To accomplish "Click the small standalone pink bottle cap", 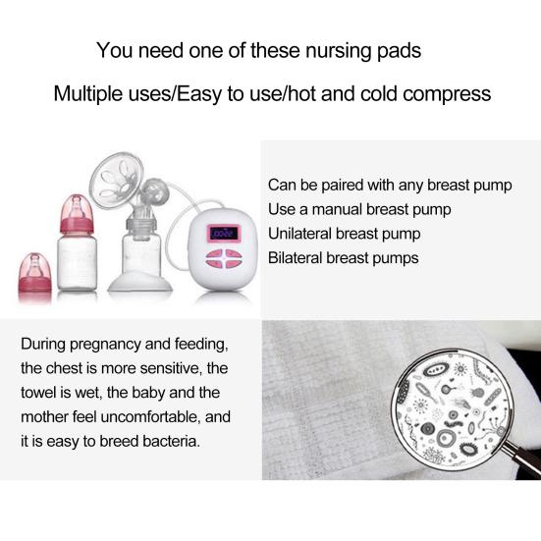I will click(32, 266).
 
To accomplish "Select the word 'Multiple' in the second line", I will click(87, 95).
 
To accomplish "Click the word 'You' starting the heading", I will click(113, 49).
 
